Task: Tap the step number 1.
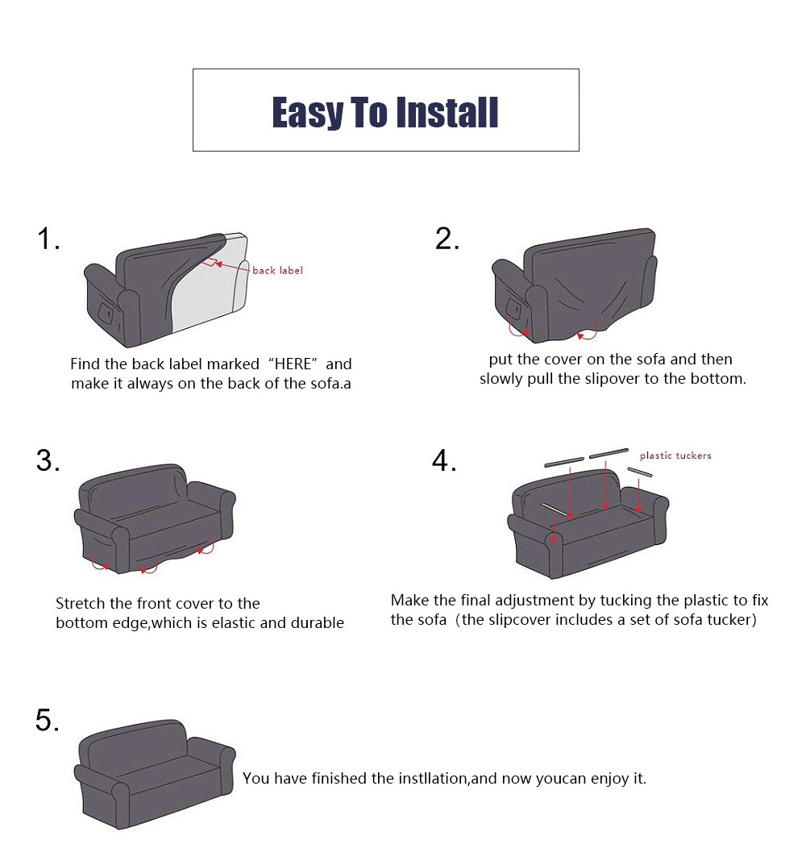(48, 239)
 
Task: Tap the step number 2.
(447, 239)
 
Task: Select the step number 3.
(48, 460)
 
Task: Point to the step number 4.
(443, 460)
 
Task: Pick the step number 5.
(48, 720)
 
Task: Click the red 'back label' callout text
(277, 270)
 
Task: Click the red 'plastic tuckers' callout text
(675, 455)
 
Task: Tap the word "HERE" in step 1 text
(293, 364)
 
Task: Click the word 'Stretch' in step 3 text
(80, 604)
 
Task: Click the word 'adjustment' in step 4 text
(545, 600)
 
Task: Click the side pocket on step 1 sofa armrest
(105, 312)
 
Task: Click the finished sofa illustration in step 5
(155, 774)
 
